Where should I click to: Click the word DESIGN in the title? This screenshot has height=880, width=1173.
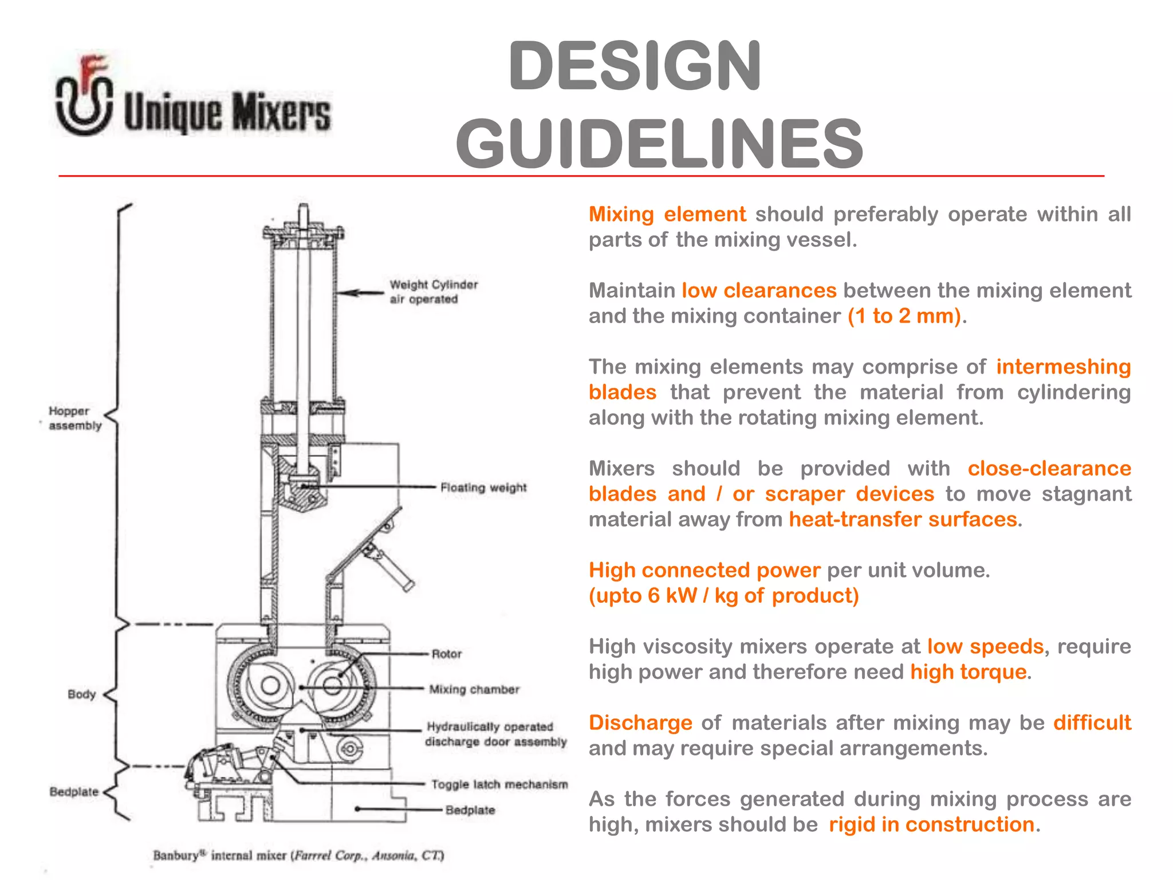coord(635,66)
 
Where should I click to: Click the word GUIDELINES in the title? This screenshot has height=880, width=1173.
coord(659,144)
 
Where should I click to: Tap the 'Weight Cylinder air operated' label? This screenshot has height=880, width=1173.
coord(433,292)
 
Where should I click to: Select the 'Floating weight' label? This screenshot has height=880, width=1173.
coord(483,488)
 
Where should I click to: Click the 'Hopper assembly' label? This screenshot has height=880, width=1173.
coord(74,418)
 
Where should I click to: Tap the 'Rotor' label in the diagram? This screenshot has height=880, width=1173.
coord(446,654)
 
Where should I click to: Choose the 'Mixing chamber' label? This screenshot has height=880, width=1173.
coord(474,689)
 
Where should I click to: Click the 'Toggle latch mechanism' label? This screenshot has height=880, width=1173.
coord(499,784)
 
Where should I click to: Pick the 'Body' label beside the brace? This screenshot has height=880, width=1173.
coord(81,694)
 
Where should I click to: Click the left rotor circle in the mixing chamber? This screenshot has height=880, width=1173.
coord(270,685)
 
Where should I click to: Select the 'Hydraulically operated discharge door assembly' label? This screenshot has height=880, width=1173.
coord(495,734)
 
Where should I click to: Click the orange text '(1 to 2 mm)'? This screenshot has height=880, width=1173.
coord(903,316)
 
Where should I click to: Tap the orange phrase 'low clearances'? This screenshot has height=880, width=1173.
coord(759,290)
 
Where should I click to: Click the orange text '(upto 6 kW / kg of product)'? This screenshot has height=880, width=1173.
coord(723,596)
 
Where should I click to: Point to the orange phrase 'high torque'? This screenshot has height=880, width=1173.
coord(968,671)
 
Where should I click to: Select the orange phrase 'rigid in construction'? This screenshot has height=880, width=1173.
coord(932,824)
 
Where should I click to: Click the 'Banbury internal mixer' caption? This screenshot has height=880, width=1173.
coord(298,855)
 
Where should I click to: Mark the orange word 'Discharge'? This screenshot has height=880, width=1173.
coord(640,722)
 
